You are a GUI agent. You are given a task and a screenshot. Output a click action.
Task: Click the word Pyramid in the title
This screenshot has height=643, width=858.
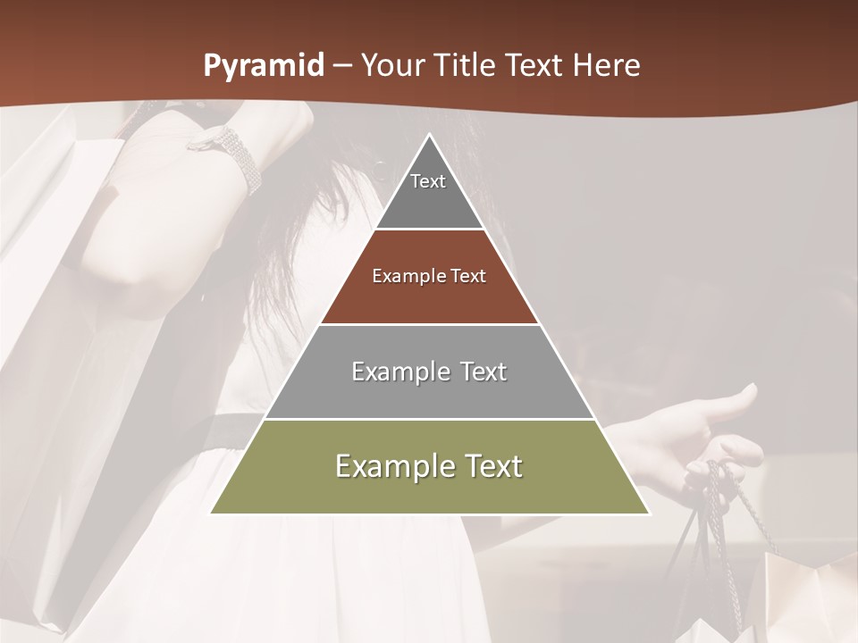pyautogui.click(x=263, y=65)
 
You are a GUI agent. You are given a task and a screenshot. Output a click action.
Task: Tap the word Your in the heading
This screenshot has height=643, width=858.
pyautogui.click(x=392, y=65)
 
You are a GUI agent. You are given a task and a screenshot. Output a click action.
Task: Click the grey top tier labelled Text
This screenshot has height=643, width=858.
pyautogui.click(x=428, y=192)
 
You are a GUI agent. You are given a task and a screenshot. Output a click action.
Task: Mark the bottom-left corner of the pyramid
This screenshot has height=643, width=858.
pyautogui.click(x=212, y=513)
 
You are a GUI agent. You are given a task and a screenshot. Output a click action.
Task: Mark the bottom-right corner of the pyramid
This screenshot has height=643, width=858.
pyautogui.click(x=648, y=513)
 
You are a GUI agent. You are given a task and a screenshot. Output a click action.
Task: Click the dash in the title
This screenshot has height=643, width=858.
pyautogui.click(x=342, y=66)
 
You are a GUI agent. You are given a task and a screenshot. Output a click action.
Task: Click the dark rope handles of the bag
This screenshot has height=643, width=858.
pyautogui.click(x=715, y=527)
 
